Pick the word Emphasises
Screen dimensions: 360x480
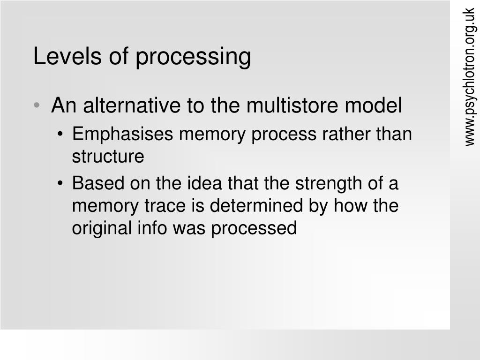123,135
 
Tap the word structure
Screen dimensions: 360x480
108,157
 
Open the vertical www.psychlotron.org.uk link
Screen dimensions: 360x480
470,77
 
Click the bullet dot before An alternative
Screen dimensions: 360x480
37,106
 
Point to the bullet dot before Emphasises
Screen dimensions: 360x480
61,135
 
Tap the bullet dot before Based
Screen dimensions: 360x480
61,184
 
